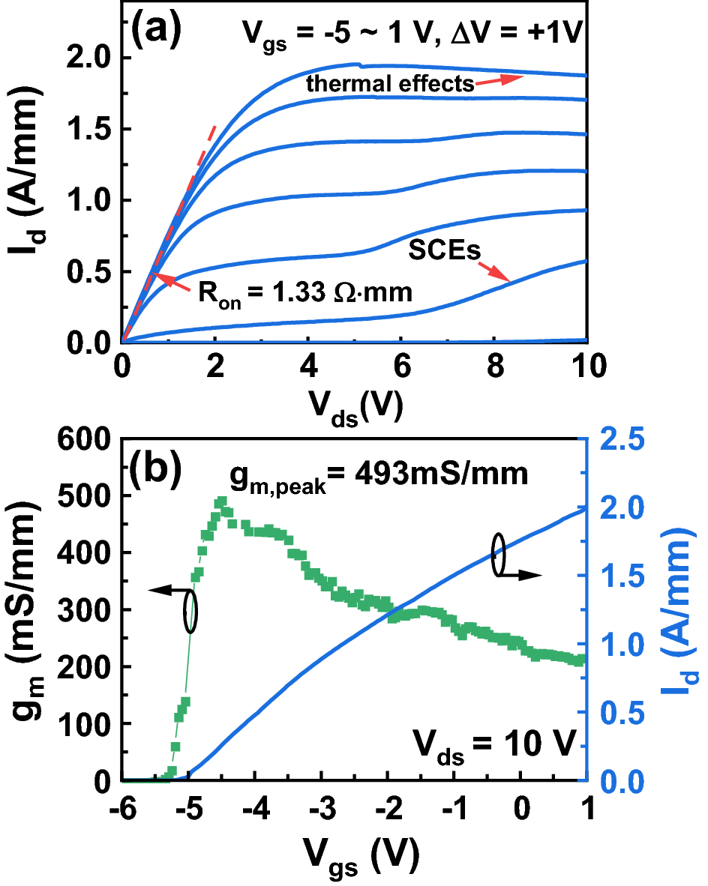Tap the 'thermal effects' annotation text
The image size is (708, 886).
click(390, 84)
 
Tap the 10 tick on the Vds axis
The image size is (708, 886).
click(583, 369)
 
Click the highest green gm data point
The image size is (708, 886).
click(221, 501)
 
